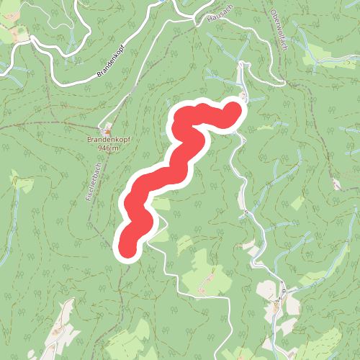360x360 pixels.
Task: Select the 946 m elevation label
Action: (x=107, y=148)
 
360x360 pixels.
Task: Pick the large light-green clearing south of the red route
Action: (x=205, y=274)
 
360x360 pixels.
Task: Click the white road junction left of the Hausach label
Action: (x=196, y=22)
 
